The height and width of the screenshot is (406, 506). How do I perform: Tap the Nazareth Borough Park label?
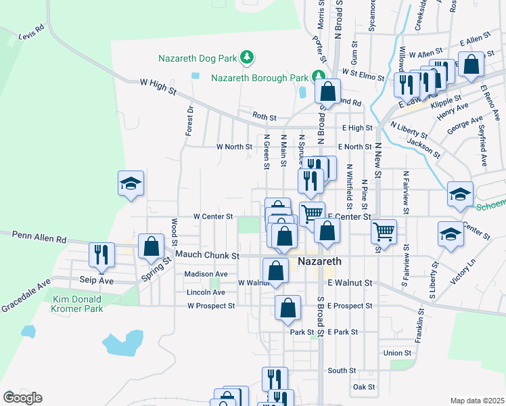click(260, 77)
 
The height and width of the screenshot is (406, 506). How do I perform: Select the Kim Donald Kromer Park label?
click(77, 304)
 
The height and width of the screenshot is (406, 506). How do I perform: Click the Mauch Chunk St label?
click(208, 256)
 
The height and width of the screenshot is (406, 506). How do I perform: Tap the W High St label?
click(157, 85)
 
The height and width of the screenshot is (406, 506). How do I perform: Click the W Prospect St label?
click(211, 306)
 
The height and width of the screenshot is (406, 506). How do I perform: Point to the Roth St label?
click(264, 117)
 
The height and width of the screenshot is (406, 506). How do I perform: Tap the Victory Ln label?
click(463, 271)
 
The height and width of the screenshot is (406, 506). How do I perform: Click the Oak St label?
click(363, 387)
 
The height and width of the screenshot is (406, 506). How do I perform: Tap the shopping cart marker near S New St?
click(384, 232)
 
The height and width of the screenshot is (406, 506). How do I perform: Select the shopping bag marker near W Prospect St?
click(287, 307)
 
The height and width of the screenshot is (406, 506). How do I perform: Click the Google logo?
click(22, 398)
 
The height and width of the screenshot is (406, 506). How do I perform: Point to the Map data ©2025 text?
click(476, 401)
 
